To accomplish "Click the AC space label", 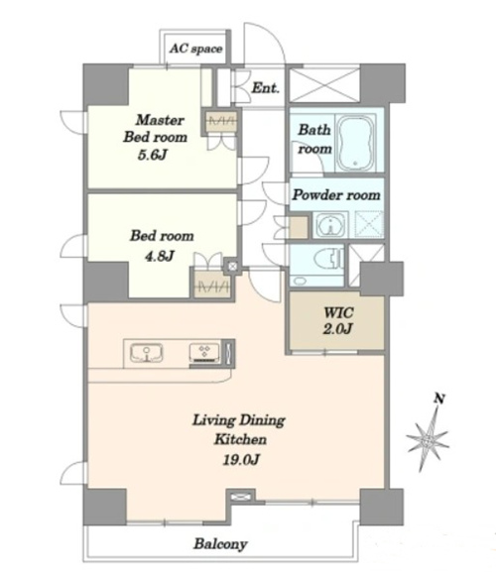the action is tap(196, 49).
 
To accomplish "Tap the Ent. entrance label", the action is tap(266, 88).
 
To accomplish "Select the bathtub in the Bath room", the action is tap(355, 144).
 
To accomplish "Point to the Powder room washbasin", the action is tap(330, 225).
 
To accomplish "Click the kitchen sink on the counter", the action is tap(147, 353).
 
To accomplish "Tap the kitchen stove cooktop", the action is tap(204, 353).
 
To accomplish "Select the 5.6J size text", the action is tap(153, 156).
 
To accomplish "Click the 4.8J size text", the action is tap(159, 256).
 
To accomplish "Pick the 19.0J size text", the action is tap(241, 459).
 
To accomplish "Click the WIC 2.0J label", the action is tap(338, 320).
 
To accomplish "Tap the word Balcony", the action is tap(220, 543).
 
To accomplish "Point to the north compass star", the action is tap(428, 439).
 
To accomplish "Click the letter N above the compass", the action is tap(438, 399).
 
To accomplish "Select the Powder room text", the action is tap(336, 195).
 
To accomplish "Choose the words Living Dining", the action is tap(239, 420).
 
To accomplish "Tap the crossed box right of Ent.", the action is tap(324, 85).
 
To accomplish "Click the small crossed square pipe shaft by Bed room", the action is tap(233, 266).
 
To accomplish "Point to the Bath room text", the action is tap(314, 139).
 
